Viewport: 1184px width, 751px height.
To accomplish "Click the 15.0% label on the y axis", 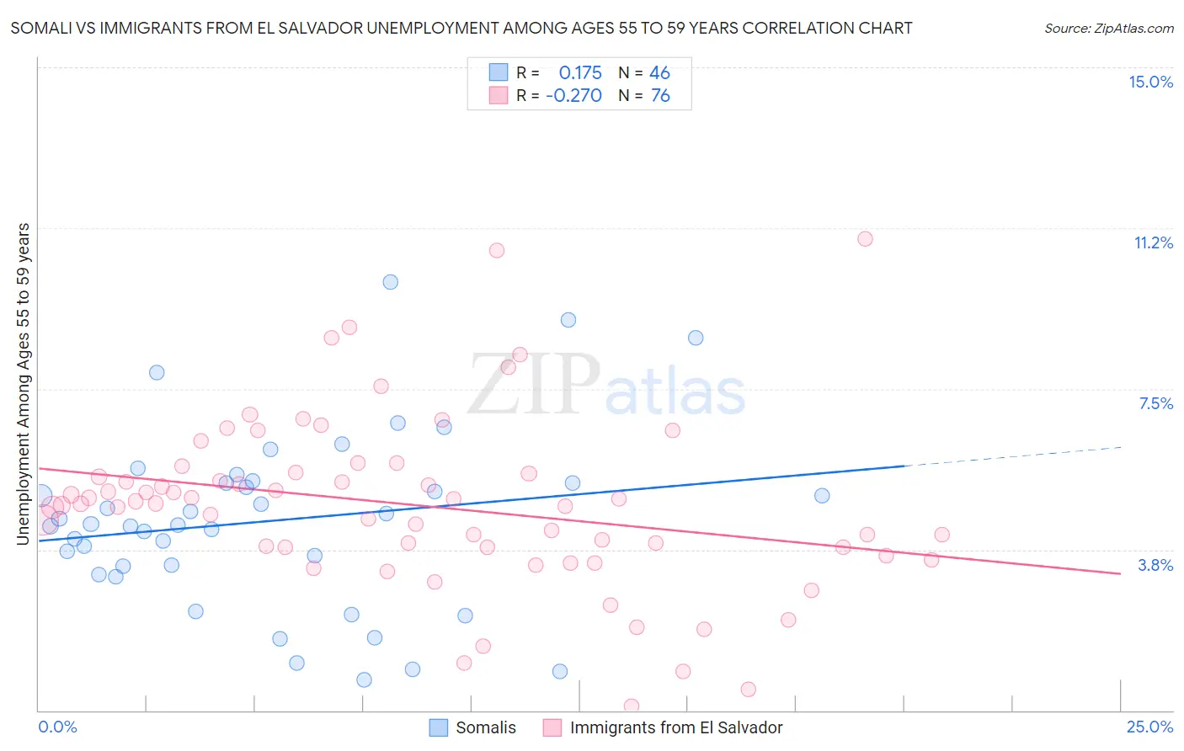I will pyautogui.click(x=1150, y=82).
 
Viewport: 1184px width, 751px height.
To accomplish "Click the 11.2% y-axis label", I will pyautogui.click(x=1153, y=242).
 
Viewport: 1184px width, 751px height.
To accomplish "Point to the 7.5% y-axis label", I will pyautogui.click(x=1155, y=403).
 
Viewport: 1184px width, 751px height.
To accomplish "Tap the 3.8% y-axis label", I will pyautogui.click(x=1155, y=565).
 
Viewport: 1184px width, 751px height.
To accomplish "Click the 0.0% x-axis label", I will pyautogui.click(x=57, y=727).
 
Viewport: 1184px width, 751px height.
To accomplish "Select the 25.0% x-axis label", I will pyautogui.click(x=1149, y=727).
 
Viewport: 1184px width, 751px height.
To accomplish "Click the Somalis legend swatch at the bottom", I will pyautogui.click(x=439, y=727).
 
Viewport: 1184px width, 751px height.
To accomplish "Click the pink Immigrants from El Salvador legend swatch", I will pyautogui.click(x=552, y=727).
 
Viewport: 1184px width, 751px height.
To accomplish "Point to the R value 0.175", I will pyautogui.click(x=580, y=73).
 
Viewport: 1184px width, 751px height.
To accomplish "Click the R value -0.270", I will pyautogui.click(x=573, y=96).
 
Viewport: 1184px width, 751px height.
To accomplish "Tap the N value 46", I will pyautogui.click(x=659, y=73).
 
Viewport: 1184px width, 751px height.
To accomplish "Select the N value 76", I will pyautogui.click(x=660, y=96).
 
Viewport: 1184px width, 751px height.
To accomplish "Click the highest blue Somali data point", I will pyautogui.click(x=390, y=282).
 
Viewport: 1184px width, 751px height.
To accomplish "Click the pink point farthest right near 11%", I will pyautogui.click(x=865, y=239).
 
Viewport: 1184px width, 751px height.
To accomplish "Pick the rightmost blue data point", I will pyautogui.click(x=822, y=496).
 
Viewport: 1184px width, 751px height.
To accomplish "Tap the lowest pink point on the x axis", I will pyautogui.click(x=632, y=706).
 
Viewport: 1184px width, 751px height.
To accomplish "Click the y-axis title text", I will pyautogui.click(x=24, y=384).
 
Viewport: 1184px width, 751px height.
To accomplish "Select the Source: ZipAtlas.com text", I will pyautogui.click(x=1108, y=29).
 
